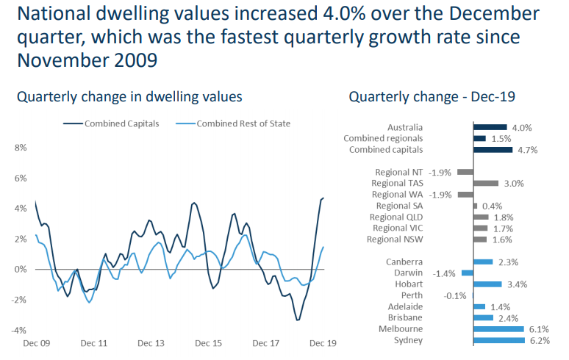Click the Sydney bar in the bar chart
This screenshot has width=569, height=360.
[499, 340]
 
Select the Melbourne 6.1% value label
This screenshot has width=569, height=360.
[539, 329]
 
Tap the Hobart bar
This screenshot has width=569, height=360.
[488, 284]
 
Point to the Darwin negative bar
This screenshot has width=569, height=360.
[468, 273]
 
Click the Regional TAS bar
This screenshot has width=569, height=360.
[486, 183]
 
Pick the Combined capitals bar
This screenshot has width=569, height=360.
[493, 149]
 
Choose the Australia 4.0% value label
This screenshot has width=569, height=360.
[521, 127]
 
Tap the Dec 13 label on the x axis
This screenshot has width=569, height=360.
[151, 343]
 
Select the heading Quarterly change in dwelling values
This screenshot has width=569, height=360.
[129, 97]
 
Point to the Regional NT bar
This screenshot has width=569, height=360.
[465, 172]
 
